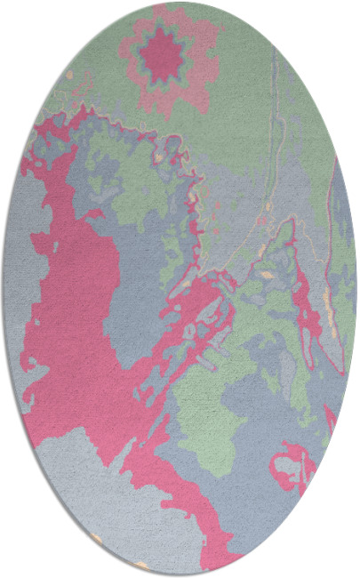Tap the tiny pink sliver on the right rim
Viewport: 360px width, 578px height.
[332, 418]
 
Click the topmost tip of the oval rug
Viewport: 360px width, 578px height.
[180, 3]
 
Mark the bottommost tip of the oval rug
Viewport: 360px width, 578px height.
[180, 574]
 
